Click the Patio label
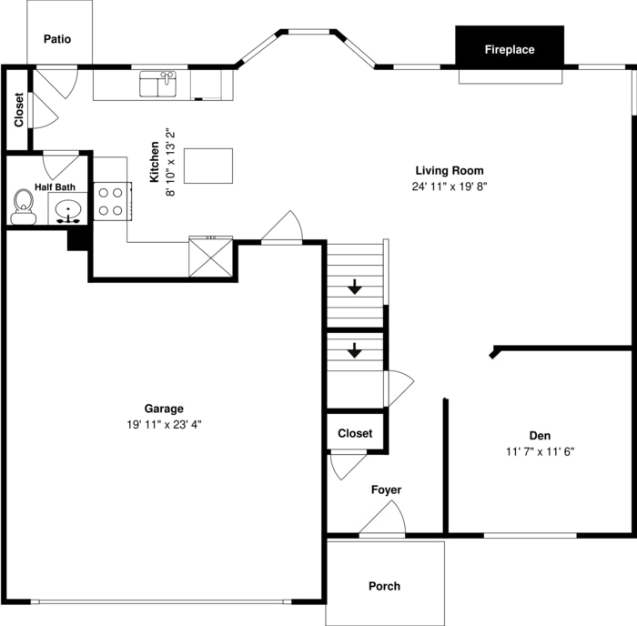(57, 39)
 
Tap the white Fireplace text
(510, 49)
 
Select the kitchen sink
(157, 84)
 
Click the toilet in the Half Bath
(23, 207)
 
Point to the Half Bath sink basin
(68, 210)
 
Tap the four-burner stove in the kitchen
(113, 201)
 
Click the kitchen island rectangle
(208, 166)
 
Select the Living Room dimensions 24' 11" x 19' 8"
(450, 187)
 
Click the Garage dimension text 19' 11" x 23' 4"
(164, 425)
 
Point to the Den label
(540, 436)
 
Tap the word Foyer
(386, 490)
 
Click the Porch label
(384, 586)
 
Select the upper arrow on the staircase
(355, 287)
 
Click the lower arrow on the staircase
(355, 350)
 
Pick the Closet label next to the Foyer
(355, 433)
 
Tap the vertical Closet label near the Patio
(19, 110)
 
